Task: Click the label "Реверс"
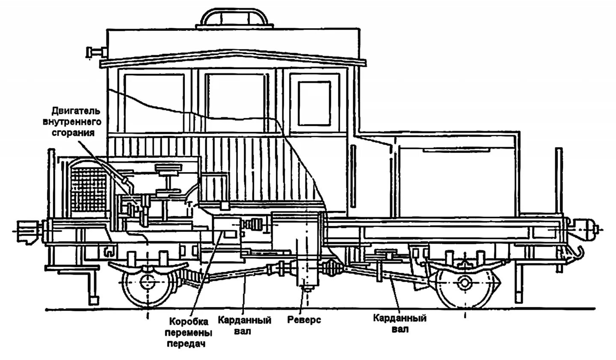pos(304,320)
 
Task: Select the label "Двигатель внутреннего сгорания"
pos(77,122)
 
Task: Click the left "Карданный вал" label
pos(245,325)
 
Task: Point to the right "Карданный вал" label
pos(400,323)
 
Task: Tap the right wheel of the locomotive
pos(465,283)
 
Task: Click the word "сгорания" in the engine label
pos(77,132)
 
